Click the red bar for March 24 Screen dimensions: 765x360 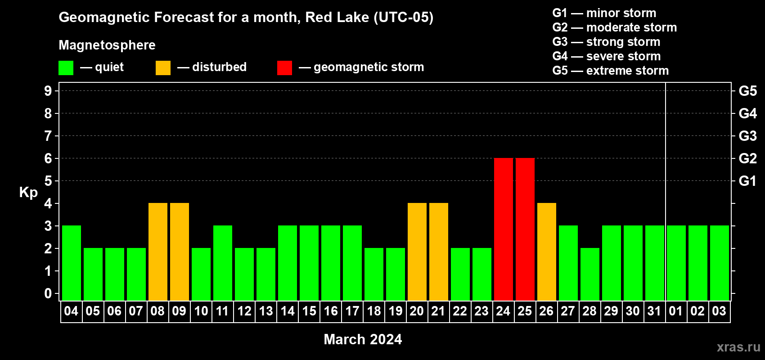pos(504,229)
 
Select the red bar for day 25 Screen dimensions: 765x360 pos(525,229)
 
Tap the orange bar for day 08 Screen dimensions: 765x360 pos(158,252)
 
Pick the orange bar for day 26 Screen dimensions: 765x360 pos(546,252)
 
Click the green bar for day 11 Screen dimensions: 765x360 pos(223,263)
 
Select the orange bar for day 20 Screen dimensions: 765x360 pos(417,252)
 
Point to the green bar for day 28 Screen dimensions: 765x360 pos(590,274)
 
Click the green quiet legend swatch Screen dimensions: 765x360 pos(66,67)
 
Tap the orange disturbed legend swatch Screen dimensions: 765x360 pos(163,67)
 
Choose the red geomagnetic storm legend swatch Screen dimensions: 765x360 pos(284,67)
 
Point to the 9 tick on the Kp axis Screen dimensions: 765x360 pos(48,91)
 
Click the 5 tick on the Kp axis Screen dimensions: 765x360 pos(48,181)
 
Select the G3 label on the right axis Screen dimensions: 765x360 pos(748,136)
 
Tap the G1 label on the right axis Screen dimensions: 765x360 pos(747,181)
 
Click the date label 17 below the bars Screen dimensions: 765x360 pos(352,311)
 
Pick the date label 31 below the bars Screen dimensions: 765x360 pos(654,311)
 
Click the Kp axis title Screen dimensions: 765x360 pos(28,193)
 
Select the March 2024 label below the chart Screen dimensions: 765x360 pos(363,339)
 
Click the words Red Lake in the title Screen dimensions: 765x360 pos(337,18)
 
